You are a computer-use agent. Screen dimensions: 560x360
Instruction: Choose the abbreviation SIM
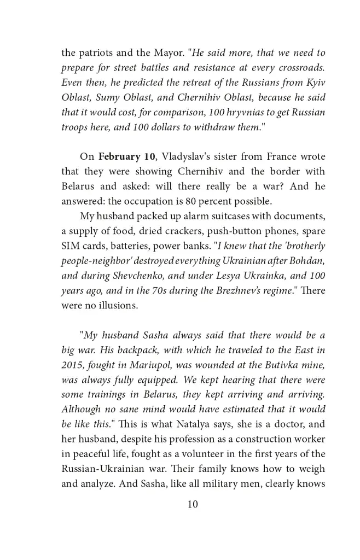(70, 245)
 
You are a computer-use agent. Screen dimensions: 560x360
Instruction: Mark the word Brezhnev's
(238, 289)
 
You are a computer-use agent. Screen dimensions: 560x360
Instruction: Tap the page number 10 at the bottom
(193, 504)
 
